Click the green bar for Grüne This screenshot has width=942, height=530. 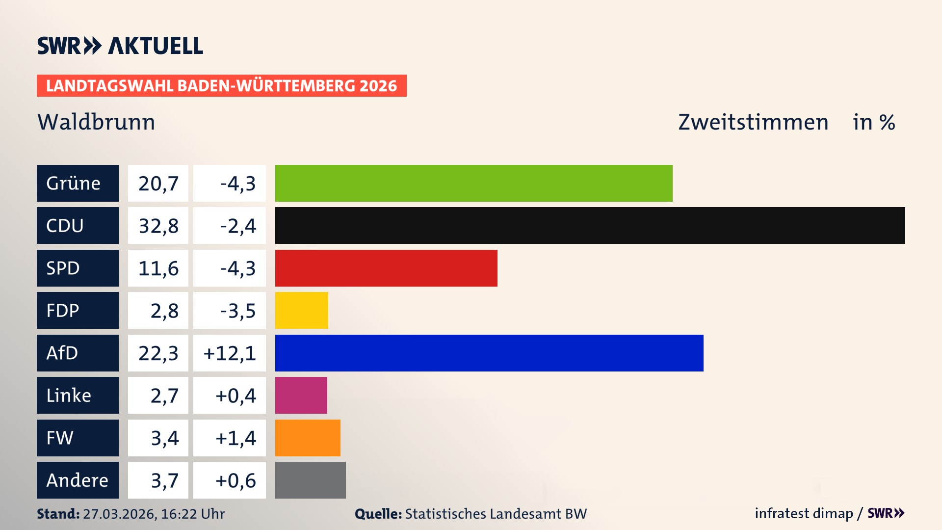click(473, 183)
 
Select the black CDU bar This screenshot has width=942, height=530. click(590, 226)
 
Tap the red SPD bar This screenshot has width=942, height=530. click(386, 268)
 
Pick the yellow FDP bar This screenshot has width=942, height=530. click(301, 311)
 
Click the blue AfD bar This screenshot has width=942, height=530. click(489, 353)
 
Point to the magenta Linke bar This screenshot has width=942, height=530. click(301, 396)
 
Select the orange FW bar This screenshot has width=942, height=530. click(308, 438)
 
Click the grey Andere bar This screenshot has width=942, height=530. click(310, 480)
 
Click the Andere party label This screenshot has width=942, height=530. click(78, 480)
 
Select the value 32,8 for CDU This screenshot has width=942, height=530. click(158, 226)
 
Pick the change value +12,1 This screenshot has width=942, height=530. click(230, 353)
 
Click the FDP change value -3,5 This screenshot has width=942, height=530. click(237, 311)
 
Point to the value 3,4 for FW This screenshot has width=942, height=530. click(164, 438)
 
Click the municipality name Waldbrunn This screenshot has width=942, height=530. click(96, 122)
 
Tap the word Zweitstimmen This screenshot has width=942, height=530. click(753, 122)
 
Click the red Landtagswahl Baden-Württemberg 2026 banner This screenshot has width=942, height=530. click(221, 85)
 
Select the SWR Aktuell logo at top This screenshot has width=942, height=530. click(120, 46)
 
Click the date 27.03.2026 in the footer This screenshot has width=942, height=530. click(119, 514)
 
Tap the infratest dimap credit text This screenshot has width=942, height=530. click(803, 513)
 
